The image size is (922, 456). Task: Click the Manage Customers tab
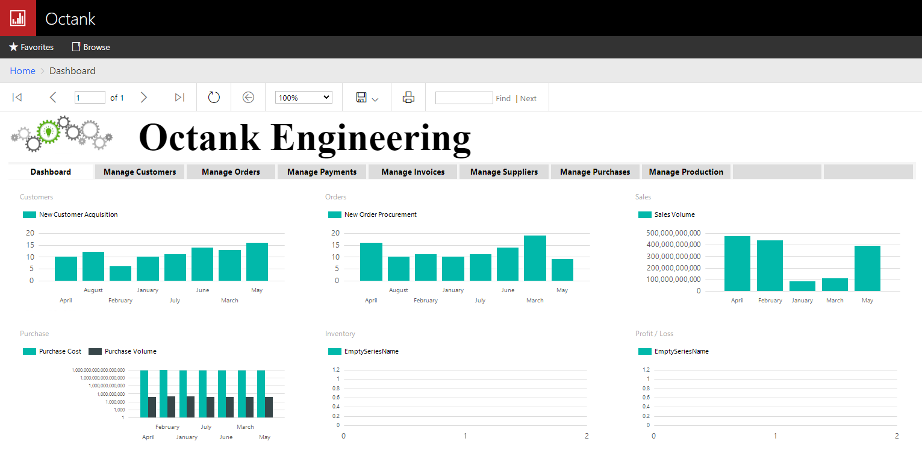pyautogui.click(x=140, y=172)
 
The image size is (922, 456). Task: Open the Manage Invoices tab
pyautogui.click(x=413, y=172)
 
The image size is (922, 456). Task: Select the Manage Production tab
pyautogui.click(x=686, y=172)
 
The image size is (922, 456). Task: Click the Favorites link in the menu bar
pyautogui.click(x=31, y=47)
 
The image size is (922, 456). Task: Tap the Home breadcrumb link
pyautogui.click(x=22, y=71)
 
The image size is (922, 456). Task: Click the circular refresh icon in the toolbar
pyautogui.click(x=214, y=98)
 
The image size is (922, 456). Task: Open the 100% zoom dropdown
pyautogui.click(x=304, y=98)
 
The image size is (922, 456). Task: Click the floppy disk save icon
pyautogui.click(x=361, y=98)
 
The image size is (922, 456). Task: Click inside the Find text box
pyautogui.click(x=464, y=98)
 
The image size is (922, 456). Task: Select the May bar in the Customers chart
pyautogui.click(x=257, y=262)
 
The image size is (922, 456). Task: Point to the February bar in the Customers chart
pyautogui.click(x=120, y=273)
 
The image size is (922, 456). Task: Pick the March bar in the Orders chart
pyautogui.click(x=535, y=258)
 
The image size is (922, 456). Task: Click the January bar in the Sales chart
pyautogui.click(x=802, y=286)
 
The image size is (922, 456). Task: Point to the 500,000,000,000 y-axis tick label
pyautogui.click(x=673, y=233)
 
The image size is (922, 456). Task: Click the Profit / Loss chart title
pyautogui.click(x=654, y=334)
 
